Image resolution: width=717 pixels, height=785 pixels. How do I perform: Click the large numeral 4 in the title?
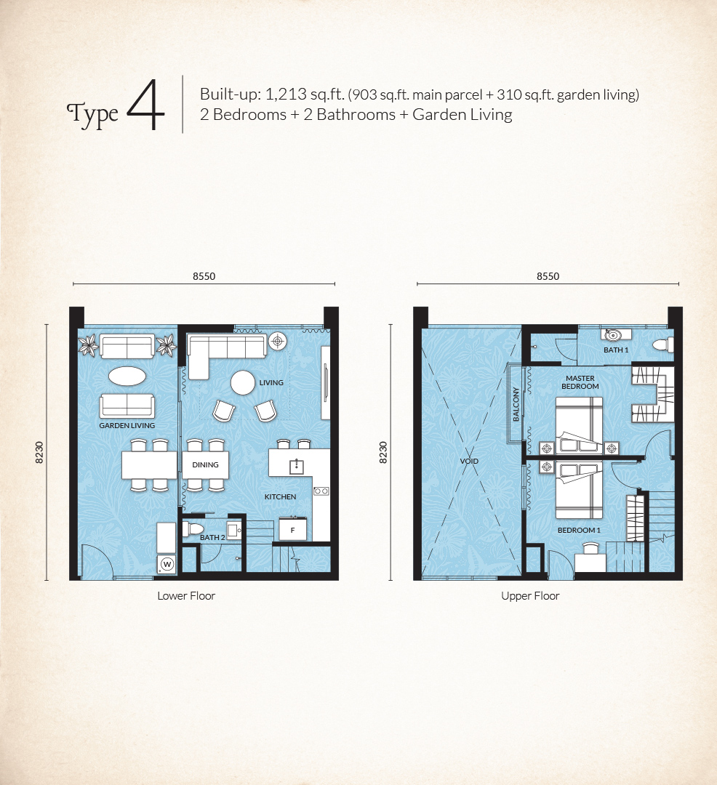point(145,105)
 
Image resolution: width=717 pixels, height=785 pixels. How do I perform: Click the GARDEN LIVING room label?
point(127,425)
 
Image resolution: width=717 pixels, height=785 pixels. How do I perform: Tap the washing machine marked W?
point(167,564)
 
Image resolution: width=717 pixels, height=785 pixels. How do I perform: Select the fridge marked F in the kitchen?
point(292,530)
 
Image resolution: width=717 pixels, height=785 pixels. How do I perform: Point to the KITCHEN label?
point(280,496)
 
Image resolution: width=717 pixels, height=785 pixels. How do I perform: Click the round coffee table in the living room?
point(243,383)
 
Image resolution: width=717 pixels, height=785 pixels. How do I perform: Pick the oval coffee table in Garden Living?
point(127,376)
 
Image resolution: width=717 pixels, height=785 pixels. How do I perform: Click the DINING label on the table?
point(205,464)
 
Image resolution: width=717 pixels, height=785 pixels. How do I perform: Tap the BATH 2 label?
point(212,537)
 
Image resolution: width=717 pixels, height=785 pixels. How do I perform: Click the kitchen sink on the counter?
point(297,467)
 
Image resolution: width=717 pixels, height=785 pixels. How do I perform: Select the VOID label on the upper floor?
point(469,461)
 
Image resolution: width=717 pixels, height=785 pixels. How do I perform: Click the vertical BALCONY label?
point(516,403)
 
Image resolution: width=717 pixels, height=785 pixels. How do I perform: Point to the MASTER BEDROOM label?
point(580,382)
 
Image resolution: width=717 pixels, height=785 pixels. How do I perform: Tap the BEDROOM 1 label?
point(579,530)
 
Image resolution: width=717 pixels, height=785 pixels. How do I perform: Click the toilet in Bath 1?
point(663,345)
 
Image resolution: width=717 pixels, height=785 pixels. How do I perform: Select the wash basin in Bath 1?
point(613,334)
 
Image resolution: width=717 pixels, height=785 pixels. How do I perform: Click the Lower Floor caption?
point(186,596)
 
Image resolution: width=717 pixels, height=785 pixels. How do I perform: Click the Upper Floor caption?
point(530,596)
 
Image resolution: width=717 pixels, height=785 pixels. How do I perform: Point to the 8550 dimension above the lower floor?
point(204,276)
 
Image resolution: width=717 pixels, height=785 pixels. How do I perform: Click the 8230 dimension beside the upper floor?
point(383,453)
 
